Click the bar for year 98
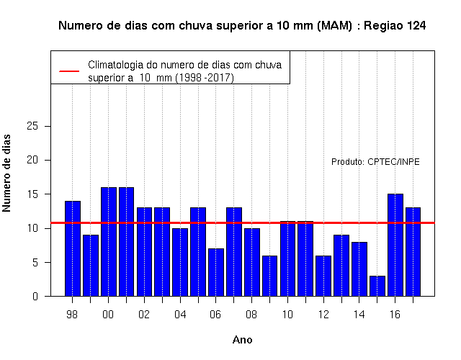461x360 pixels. coord(73,248)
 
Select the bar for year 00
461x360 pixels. coord(109,242)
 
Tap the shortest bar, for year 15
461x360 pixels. coord(377,286)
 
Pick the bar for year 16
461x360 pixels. coord(395,245)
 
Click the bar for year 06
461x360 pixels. coord(216,272)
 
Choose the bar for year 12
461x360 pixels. coord(323,276)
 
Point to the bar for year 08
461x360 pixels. coord(252,262)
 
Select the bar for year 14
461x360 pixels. coord(359,269)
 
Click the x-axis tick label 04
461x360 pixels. coord(180,315)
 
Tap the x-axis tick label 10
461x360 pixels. coord(287,315)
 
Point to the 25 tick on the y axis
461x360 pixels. coord(32,126)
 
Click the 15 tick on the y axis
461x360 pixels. coord(32,194)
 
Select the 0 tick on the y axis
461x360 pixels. coord(35,296)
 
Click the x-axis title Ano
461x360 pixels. coord(242,340)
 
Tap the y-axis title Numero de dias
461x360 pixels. coord(6,173)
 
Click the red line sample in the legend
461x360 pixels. coord(69,71)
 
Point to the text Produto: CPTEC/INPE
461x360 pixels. coord(375,162)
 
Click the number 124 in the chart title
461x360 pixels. coord(416,26)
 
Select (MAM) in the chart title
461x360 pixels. coord(334,26)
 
